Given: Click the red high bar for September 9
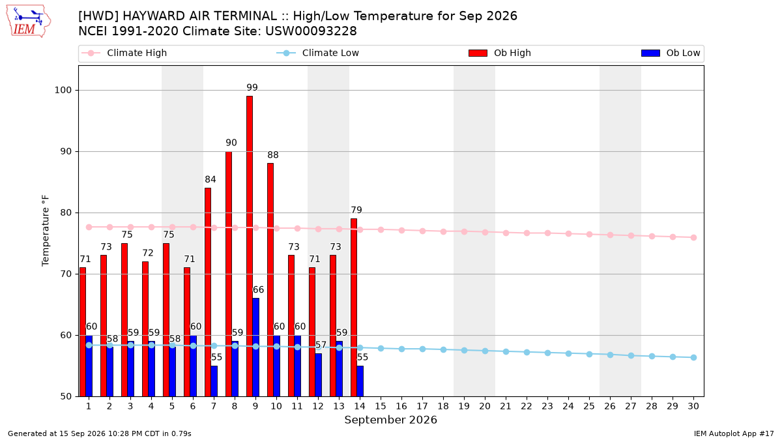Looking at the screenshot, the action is click(250, 246).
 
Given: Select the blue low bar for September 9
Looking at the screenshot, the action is click(256, 347).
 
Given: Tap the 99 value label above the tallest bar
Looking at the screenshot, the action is click(252, 87).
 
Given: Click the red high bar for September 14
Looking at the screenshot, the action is click(354, 307).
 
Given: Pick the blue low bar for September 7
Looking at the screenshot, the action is click(214, 381).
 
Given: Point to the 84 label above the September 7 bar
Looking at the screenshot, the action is click(210, 179).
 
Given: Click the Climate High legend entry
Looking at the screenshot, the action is click(124, 53).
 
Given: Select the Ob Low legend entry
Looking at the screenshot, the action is click(671, 53).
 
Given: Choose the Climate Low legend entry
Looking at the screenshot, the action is click(318, 53).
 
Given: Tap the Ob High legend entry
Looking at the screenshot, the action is click(500, 53).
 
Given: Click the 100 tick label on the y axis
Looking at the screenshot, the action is click(63, 90).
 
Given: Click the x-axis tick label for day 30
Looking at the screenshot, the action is click(693, 406).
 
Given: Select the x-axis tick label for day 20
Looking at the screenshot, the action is click(485, 406).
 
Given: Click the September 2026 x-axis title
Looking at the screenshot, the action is click(390, 420).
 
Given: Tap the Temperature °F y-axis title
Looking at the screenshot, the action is click(46, 231).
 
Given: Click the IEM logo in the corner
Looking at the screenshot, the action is click(28, 22).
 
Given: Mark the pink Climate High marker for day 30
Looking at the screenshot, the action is click(693, 237).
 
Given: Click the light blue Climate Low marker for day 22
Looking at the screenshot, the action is click(527, 353).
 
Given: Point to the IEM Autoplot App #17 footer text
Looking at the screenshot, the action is click(734, 433).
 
